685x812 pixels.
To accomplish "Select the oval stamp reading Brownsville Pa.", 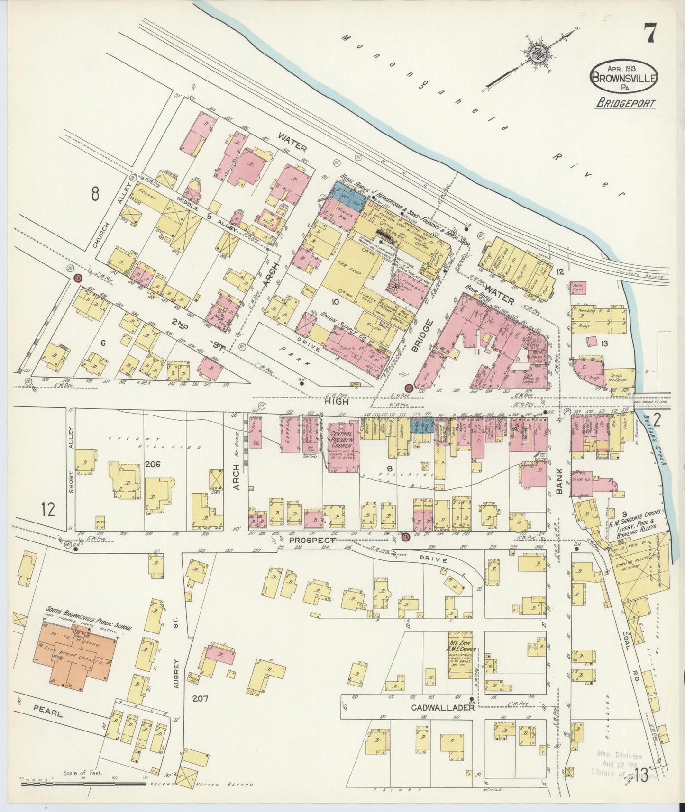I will point(624,75).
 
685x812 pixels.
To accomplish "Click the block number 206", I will point(153,465).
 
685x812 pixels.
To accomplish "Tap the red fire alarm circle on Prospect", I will point(405,537).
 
